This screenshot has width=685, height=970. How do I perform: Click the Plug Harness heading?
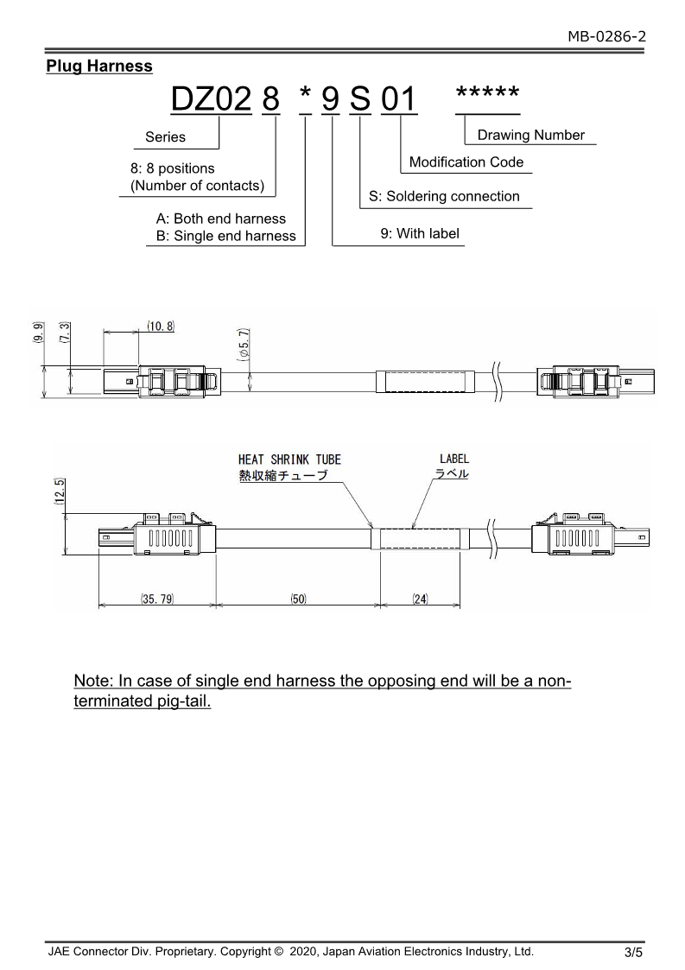pos(99,67)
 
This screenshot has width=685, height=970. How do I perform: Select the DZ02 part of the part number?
pos(211,101)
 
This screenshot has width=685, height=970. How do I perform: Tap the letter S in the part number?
pos(360,101)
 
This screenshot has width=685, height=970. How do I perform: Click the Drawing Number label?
pos(530,135)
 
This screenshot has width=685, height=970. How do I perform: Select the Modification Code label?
pos(466,162)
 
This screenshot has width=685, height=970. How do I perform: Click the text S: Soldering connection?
pos(444,196)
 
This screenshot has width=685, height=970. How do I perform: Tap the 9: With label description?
pos(420,233)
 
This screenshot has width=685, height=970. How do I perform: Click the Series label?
pos(165,136)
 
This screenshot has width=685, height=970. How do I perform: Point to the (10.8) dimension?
pos(160,327)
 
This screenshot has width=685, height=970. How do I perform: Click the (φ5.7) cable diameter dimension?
pos(244,344)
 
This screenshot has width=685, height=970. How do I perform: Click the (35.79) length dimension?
pos(157,599)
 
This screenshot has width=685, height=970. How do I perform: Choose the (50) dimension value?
pos(298,599)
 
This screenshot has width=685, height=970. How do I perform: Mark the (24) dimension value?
pos(420,599)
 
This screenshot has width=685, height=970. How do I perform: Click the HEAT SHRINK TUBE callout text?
pos(289,460)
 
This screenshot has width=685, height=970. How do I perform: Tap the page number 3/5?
pos(633,953)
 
